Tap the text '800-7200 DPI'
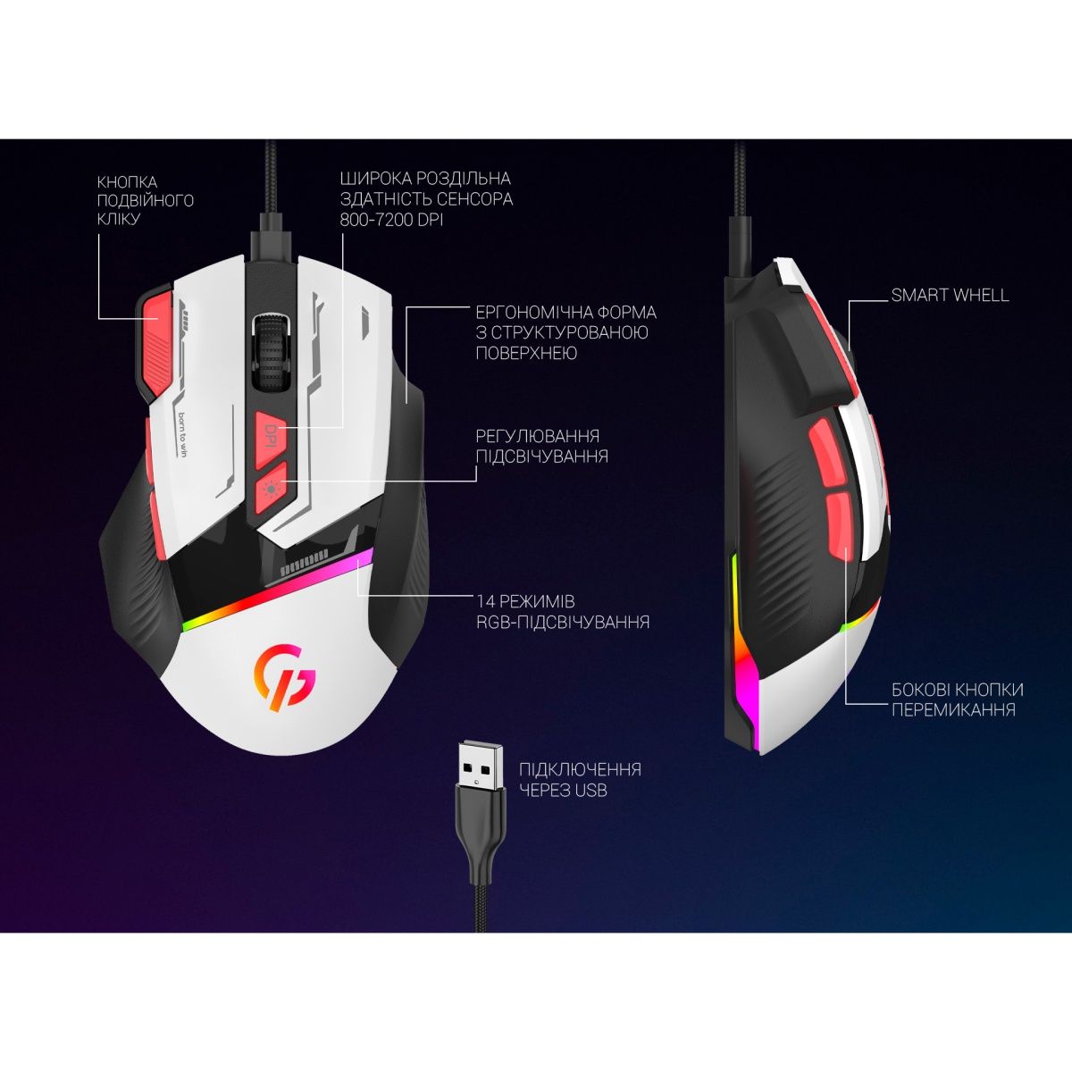pos(391,220)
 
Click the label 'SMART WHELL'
pos(950,295)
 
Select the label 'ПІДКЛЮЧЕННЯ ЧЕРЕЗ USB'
pos(580,779)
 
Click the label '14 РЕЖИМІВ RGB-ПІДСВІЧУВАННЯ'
pos(563,611)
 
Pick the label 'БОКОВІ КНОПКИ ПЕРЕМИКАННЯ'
pos(957,699)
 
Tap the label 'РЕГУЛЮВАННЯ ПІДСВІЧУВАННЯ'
pos(541,446)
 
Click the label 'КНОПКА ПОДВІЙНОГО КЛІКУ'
pos(145,200)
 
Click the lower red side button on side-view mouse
pos(840,525)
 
